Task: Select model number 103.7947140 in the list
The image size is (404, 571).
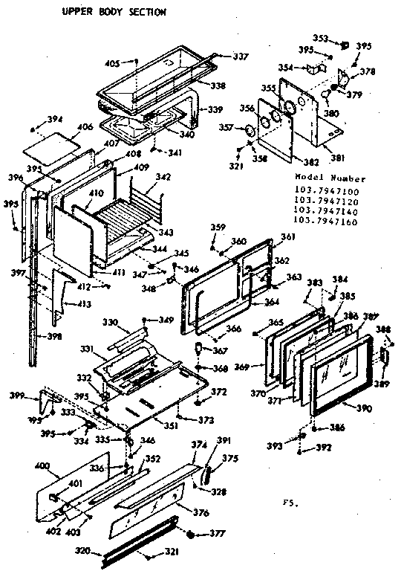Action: pos(326,210)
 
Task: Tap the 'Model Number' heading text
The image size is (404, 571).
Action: pos(330,179)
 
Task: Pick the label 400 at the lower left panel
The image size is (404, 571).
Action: pos(42,465)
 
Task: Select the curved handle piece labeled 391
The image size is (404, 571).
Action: pos(208,468)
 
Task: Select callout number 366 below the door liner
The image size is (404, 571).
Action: pos(234,329)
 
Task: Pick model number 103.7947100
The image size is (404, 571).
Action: pos(326,191)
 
